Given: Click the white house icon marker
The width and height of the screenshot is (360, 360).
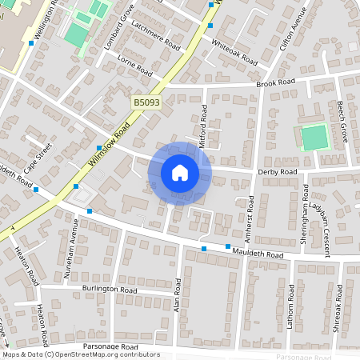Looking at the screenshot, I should coord(179,172).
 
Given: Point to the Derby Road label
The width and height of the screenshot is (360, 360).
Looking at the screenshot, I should coord(277,172).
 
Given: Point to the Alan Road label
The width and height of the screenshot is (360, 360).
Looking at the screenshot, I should coord(178,295).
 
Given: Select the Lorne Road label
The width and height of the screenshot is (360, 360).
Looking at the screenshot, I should coord(134,66).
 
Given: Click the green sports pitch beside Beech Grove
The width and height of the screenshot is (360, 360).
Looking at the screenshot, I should coord(314,138).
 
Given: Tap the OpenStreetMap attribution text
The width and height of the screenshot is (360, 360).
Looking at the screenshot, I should coord(81,354).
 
